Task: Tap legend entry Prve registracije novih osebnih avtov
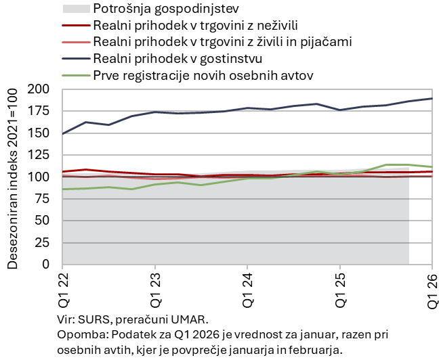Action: point(203,74)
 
